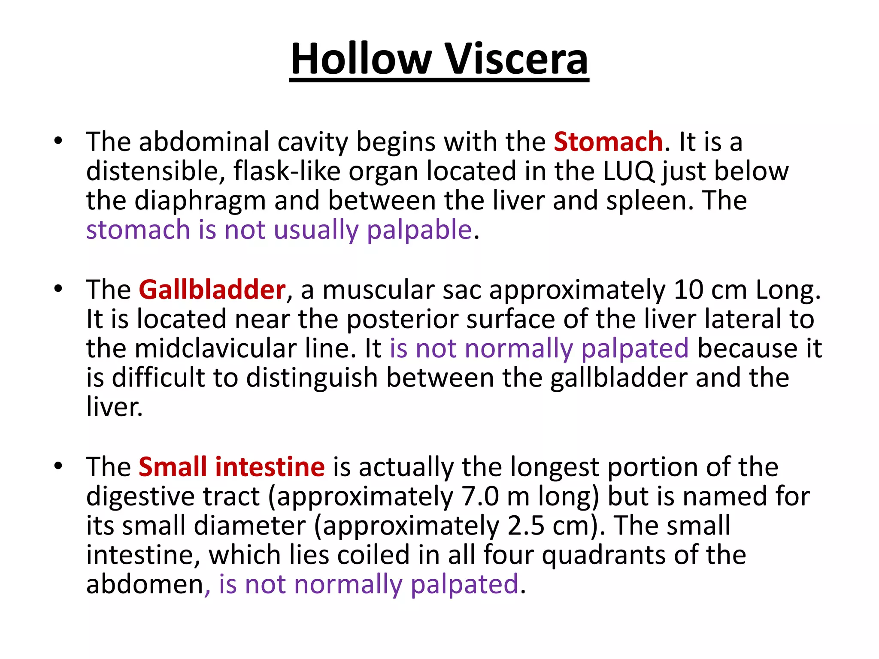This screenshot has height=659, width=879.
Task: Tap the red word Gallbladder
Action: pyautogui.click(x=212, y=290)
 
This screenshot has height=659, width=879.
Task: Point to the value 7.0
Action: pyautogui.click(x=480, y=496)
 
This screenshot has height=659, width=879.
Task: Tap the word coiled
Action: pyautogui.click(x=373, y=555)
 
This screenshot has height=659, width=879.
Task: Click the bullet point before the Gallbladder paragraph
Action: pyautogui.click(x=58, y=288)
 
